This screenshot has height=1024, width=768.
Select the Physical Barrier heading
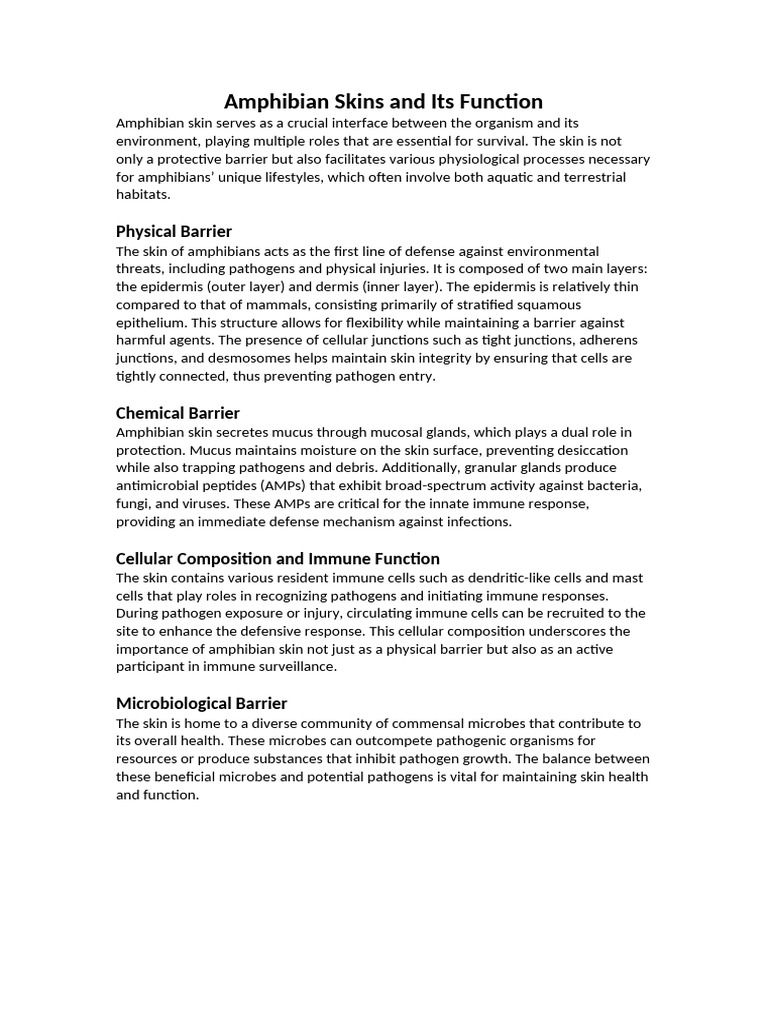click(174, 231)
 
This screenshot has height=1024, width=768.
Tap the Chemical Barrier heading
click(178, 413)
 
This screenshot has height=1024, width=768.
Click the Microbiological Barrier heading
click(201, 703)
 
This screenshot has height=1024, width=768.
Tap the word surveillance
click(293, 668)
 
